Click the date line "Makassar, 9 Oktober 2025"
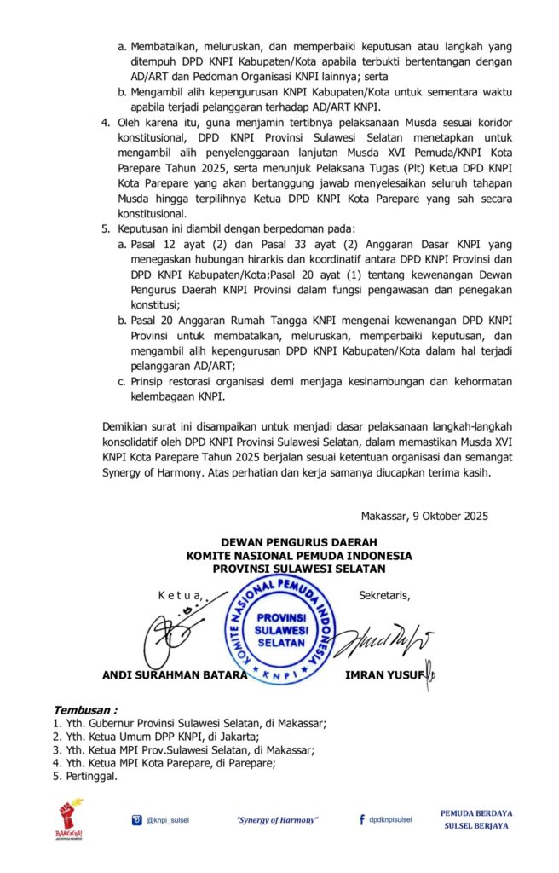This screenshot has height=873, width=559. [423, 516]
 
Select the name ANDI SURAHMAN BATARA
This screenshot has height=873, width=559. [175, 674]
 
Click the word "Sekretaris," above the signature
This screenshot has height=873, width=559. [384, 594]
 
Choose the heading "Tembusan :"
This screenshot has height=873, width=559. [85, 709]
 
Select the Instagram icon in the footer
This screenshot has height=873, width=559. [136, 820]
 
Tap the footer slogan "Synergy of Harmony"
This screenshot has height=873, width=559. [277, 820]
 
